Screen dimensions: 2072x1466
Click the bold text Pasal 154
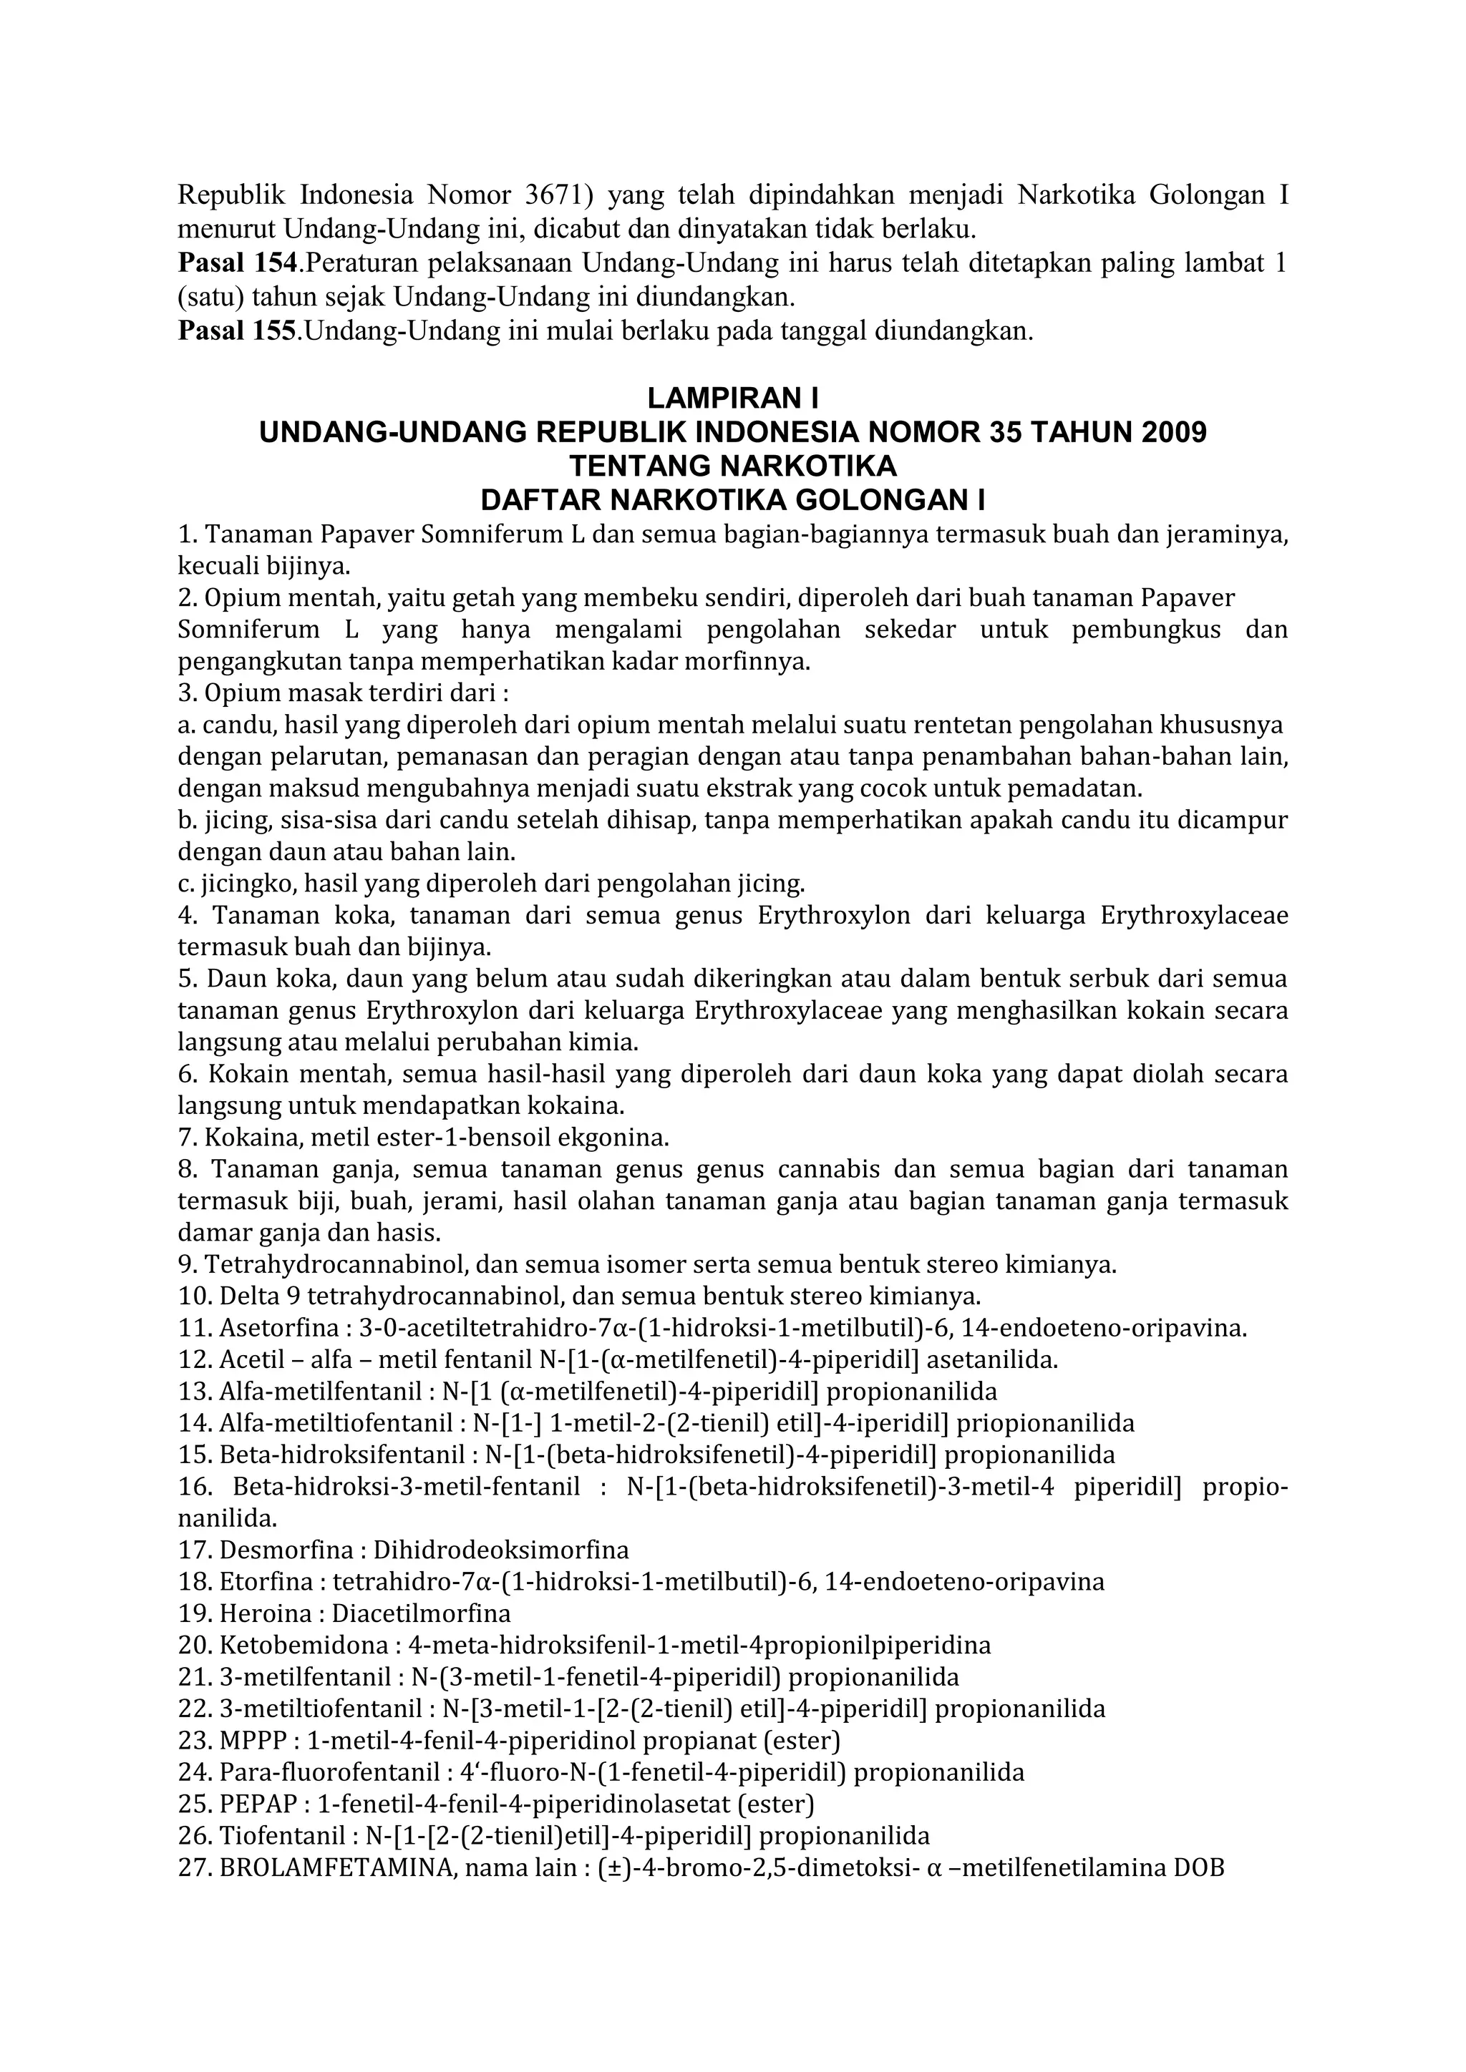click(x=238, y=263)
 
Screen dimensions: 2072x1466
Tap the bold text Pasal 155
click(x=238, y=331)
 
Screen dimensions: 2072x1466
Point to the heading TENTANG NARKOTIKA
click(x=732, y=466)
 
